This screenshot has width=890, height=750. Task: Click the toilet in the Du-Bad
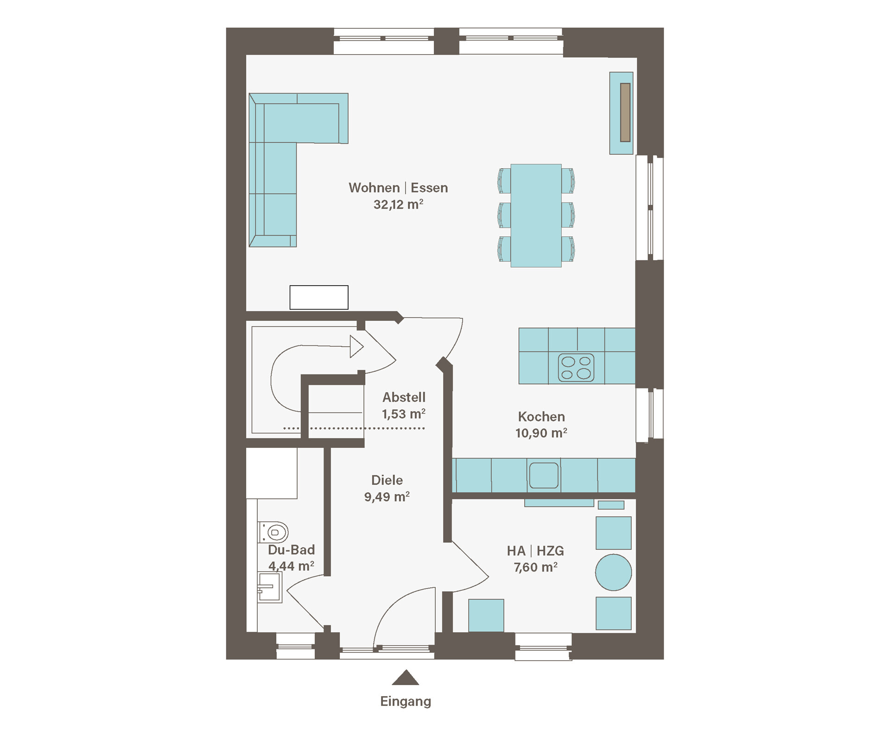pyautogui.click(x=273, y=532)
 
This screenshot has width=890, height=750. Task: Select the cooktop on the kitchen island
pyautogui.click(x=576, y=368)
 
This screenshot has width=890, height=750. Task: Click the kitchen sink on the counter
pyautogui.click(x=544, y=475)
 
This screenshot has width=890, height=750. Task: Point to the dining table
pyautogui.click(x=536, y=216)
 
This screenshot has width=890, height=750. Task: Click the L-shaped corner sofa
pyautogui.click(x=287, y=158)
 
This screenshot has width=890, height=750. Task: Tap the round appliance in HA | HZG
pyautogui.click(x=613, y=572)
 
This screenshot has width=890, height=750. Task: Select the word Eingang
pyautogui.click(x=406, y=701)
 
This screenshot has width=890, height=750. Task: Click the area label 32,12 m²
pyautogui.click(x=399, y=204)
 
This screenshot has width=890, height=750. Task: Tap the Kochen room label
pyautogui.click(x=541, y=416)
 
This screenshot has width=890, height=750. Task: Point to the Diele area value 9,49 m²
pyautogui.click(x=387, y=497)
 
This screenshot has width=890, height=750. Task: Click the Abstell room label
pyautogui.click(x=404, y=397)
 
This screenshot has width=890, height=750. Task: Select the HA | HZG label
pyautogui.click(x=535, y=551)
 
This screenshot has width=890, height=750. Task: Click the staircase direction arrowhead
pyautogui.click(x=356, y=347)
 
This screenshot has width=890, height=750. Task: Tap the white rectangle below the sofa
pyautogui.click(x=319, y=297)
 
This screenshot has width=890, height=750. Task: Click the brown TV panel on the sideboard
pyautogui.click(x=625, y=112)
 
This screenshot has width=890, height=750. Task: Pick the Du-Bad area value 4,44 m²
pyautogui.click(x=292, y=566)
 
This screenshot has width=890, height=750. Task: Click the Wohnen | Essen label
pyautogui.click(x=398, y=188)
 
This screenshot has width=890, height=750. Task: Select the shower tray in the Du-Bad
pyautogui.click(x=272, y=473)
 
